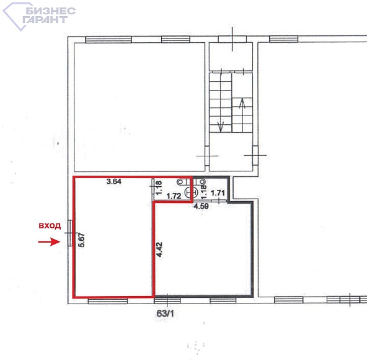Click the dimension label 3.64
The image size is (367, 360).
pyautogui.click(x=113, y=181)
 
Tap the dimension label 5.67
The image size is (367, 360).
pyautogui.click(x=82, y=240)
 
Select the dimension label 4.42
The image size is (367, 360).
pyautogui.click(x=159, y=250)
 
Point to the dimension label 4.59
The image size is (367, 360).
pyautogui.click(x=201, y=206)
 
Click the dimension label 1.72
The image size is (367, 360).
pyautogui.click(x=174, y=196)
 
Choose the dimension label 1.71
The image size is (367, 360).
pyautogui.click(x=218, y=193)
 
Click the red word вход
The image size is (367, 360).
pyautogui.click(x=50, y=226)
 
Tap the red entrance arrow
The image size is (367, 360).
pyautogui.click(x=50, y=241)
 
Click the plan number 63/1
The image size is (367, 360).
pyautogui.click(x=166, y=313)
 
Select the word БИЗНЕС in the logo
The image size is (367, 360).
pyautogui.click(x=51, y=11)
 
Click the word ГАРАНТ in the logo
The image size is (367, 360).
pyautogui.click(x=45, y=19)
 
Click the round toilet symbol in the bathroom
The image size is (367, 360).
pyautogui.click(x=192, y=192)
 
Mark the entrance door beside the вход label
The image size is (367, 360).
pyautogui.click(x=70, y=233)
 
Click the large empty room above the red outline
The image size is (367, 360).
pyautogui.click(x=139, y=107)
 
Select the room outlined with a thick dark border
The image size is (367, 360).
pyautogui.click(x=203, y=248)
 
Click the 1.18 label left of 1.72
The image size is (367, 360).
pyautogui.click(x=159, y=188)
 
